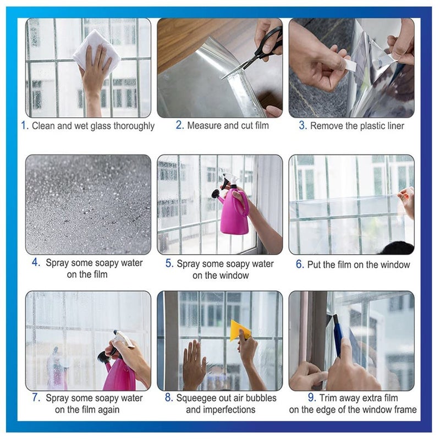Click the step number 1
click(x=24, y=125)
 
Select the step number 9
click(x=312, y=398)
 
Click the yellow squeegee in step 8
click(x=240, y=330)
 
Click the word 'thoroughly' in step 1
click(x=133, y=126)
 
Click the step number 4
click(x=36, y=263)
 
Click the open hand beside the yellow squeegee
click(x=193, y=363)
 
